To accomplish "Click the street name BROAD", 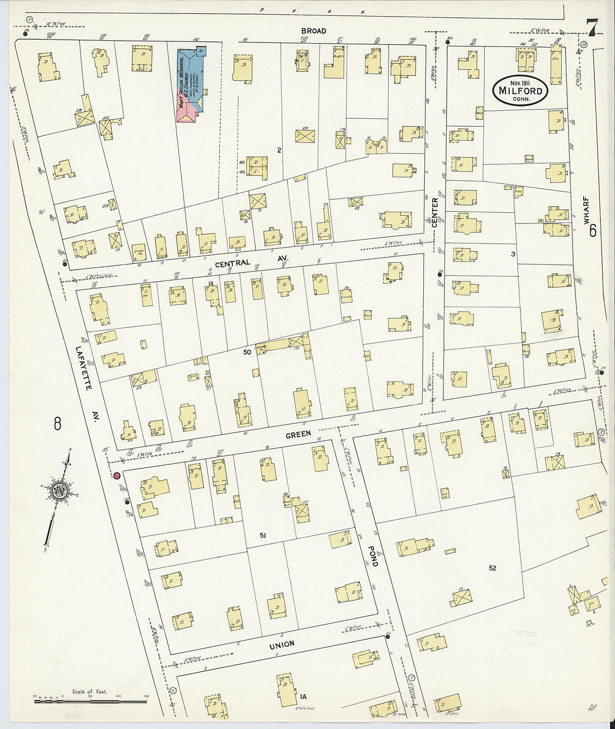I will point(313,31).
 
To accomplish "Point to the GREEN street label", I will point(298,425).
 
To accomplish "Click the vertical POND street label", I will point(373,556).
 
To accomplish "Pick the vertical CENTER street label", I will point(434,213).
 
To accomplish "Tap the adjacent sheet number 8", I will point(57,424).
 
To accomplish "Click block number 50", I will point(247,352).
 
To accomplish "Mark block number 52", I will point(492,568).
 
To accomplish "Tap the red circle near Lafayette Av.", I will point(117,476).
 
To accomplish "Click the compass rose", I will point(60,492).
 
